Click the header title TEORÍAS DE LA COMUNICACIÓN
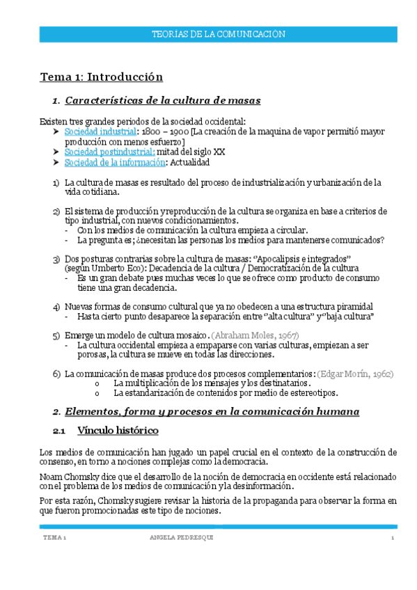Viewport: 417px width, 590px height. coord(219,34)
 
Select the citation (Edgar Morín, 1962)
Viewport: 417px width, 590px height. coord(354,374)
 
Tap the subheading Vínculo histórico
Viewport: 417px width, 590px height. coord(118,431)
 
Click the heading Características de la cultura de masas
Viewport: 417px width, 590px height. coord(162,102)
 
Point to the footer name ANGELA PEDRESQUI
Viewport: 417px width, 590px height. coord(182,538)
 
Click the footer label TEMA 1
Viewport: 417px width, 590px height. coord(54,538)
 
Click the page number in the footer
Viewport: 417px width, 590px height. coord(393,538)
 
